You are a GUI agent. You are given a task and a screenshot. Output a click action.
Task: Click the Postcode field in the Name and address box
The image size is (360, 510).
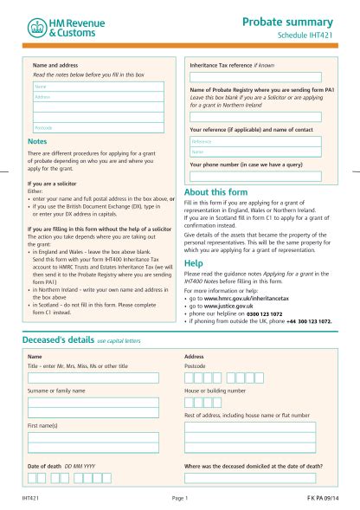pos(95,128)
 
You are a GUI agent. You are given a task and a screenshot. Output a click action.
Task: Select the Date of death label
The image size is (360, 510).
pos(44,466)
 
